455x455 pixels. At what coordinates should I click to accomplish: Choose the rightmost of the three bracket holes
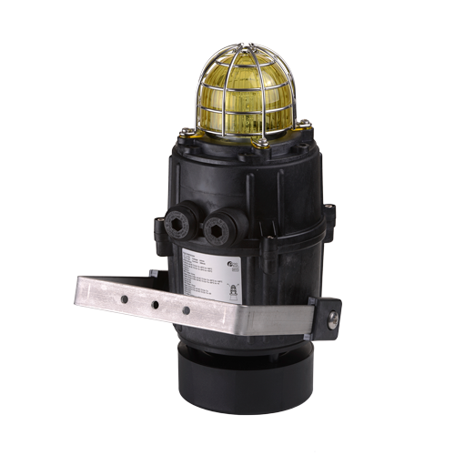187,310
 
